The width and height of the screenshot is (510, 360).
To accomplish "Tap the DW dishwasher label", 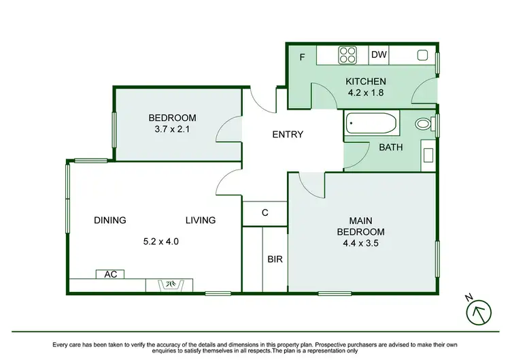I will (x=379, y=55).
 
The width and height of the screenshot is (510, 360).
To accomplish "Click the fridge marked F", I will (x=302, y=57).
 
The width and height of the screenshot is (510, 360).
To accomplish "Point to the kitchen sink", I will (x=422, y=55).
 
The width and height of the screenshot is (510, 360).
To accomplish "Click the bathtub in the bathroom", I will (x=371, y=125).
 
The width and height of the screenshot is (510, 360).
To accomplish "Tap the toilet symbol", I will (x=425, y=125).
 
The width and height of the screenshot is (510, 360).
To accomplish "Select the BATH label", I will (x=391, y=146).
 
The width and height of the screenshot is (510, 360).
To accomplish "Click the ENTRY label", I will (x=288, y=134).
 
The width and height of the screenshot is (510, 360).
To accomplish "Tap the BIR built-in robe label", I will (x=275, y=259).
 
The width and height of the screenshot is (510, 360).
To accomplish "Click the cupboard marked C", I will (x=265, y=213).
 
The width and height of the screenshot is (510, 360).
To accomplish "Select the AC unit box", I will (x=110, y=274).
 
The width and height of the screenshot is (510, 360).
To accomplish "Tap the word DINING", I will (x=110, y=220).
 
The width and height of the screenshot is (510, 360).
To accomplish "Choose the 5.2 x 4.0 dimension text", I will (x=161, y=241).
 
